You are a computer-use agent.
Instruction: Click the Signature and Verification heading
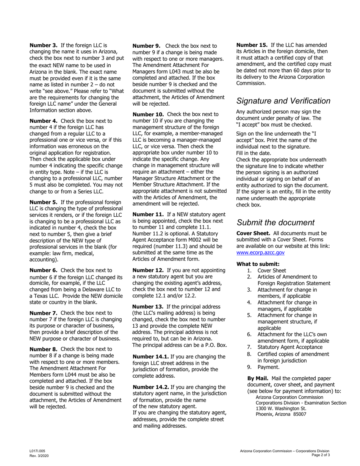(x=283, y=101)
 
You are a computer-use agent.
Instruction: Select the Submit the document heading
(x=275, y=223)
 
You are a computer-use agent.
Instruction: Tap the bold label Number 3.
(x=44, y=45)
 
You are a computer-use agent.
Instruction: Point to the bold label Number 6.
(x=44, y=270)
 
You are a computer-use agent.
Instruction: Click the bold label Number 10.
(x=148, y=114)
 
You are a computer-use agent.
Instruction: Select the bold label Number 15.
(x=252, y=45)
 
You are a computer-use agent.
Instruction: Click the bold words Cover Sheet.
(x=253, y=233)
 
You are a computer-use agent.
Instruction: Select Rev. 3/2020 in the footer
(x=38, y=455)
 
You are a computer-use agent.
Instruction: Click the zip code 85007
(x=299, y=414)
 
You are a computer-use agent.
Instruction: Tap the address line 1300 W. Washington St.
(x=281, y=409)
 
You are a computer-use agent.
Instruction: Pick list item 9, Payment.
(x=268, y=367)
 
